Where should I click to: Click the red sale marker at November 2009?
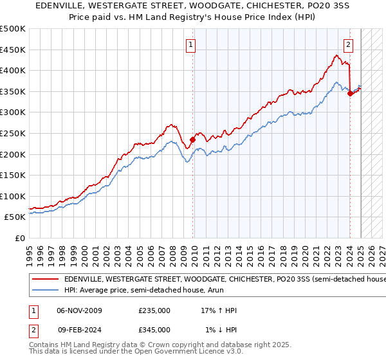click(x=192, y=139)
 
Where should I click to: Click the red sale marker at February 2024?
click(x=350, y=93)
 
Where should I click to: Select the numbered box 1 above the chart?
click(x=192, y=44)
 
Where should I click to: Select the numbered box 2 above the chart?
click(x=348, y=44)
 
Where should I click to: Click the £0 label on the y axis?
click(x=21, y=238)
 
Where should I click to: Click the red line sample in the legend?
click(x=44, y=279)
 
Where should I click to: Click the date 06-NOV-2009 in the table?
click(x=80, y=310)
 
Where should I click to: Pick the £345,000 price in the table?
click(x=154, y=330)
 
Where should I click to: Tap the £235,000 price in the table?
click(x=154, y=310)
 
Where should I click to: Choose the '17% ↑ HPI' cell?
click(x=219, y=310)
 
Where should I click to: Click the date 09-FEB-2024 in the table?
click(x=79, y=330)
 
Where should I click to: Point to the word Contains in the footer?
click(x=43, y=346)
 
